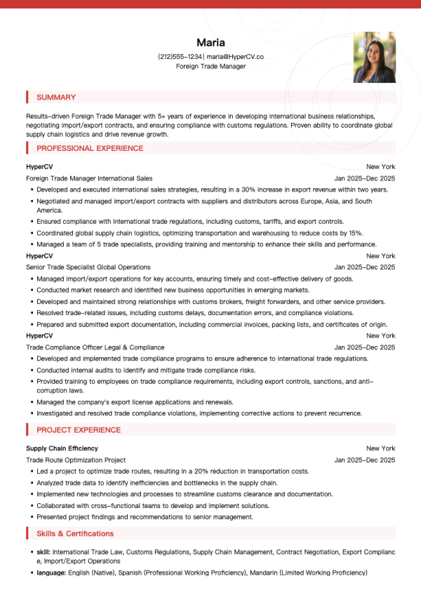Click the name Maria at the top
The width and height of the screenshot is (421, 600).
pos(210,42)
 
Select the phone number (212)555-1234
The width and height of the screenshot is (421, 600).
pos(180,56)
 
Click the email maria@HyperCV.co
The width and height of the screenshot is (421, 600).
pos(235,56)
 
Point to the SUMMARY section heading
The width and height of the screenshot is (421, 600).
pos(56,98)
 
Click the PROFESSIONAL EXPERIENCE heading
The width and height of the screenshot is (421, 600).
pos(90,148)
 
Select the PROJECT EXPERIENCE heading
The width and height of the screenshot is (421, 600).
pos(79,430)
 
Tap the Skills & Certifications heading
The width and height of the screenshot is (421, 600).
pos(75,534)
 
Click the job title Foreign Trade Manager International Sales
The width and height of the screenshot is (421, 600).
pos(89,178)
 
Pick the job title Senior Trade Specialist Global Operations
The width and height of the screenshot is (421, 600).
pos(88,267)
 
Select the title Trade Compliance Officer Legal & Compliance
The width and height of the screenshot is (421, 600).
pos(95,347)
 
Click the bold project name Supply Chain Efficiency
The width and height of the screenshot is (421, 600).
pos(62,448)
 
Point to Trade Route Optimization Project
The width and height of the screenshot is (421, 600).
pos(76,460)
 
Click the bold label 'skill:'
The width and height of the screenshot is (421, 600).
pos(44,552)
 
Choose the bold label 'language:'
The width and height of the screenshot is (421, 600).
pos(51,573)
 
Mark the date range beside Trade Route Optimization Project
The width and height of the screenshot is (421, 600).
pos(365,460)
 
